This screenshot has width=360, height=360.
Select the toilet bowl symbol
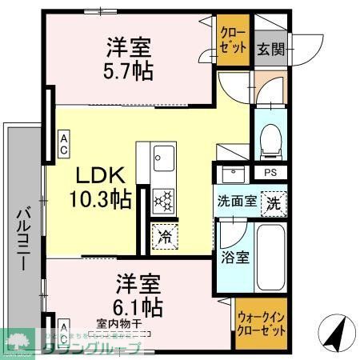coord(270,140)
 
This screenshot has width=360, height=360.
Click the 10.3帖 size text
coord(101,200)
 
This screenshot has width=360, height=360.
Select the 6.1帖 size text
coord(139,305)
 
